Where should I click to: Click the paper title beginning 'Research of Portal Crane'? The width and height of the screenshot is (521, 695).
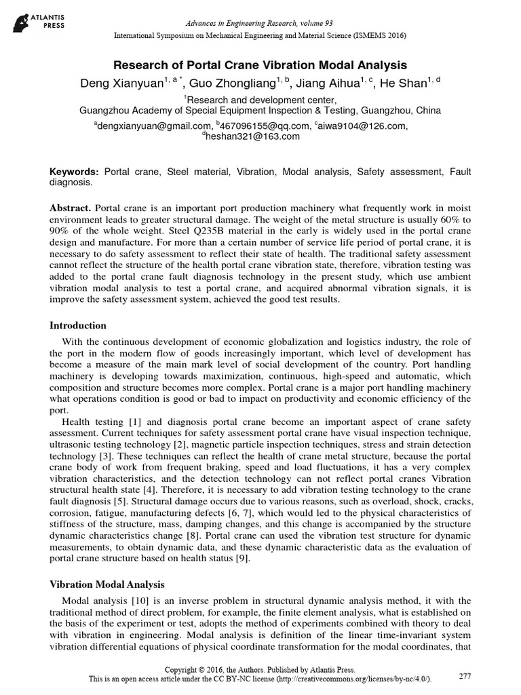pyautogui.click(x=260, y=66)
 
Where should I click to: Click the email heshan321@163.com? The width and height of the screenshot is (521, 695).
pyautogui.click(x=252, y=136)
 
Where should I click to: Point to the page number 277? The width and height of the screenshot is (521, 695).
pyautogui.click(x=465, y=676)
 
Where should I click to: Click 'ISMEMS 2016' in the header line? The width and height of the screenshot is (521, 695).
pyautogui.click(x=377, y=36)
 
